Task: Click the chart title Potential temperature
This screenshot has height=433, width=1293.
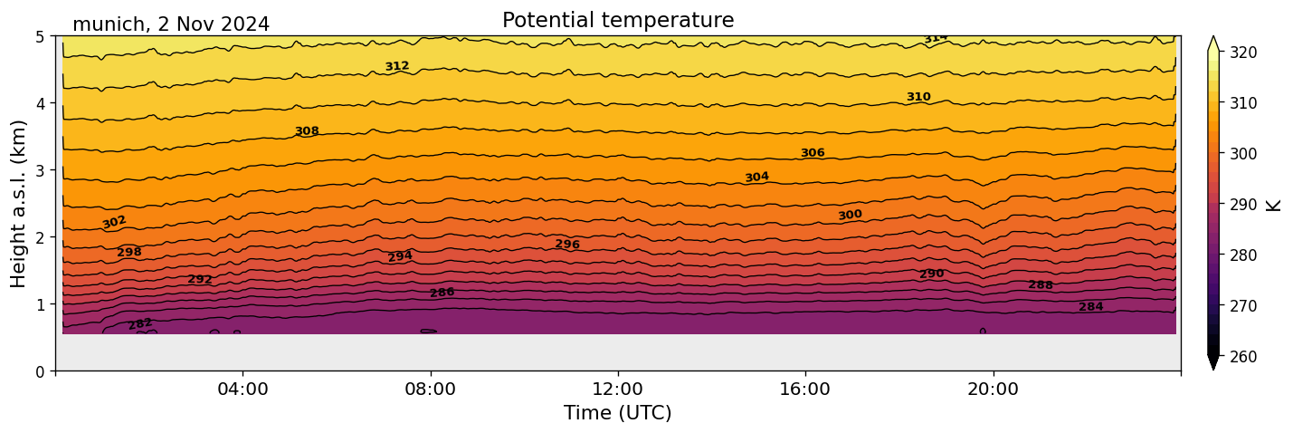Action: (x=618, y=21)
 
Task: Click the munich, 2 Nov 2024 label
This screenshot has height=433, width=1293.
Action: (x=171, y=24)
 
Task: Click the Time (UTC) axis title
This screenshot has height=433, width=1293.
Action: (x=618, y=413)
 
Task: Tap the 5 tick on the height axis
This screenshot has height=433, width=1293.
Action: (x=41, y=36)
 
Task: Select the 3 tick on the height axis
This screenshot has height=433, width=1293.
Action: (x=41, y=170)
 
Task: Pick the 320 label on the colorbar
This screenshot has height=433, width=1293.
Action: (x=1242, y=53)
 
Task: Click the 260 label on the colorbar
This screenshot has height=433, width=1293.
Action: (x=1242, y=357)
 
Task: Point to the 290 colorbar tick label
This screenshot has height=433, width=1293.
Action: (x=1242, y=205)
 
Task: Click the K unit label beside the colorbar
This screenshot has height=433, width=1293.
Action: (x=1274, y=204)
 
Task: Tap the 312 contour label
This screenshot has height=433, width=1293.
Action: (x=397, y=66)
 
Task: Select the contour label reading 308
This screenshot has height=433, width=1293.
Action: (x=307, y=131)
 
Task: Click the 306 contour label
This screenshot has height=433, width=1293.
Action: (x=813, y=153)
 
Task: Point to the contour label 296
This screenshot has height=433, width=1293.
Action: (x=567, y=245)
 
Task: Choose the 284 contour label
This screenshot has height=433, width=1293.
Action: (x=1090, y=307)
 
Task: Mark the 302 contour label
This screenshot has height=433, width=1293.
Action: (x=114, y=222)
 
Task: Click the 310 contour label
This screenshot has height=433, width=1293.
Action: (x=918, y=97)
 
